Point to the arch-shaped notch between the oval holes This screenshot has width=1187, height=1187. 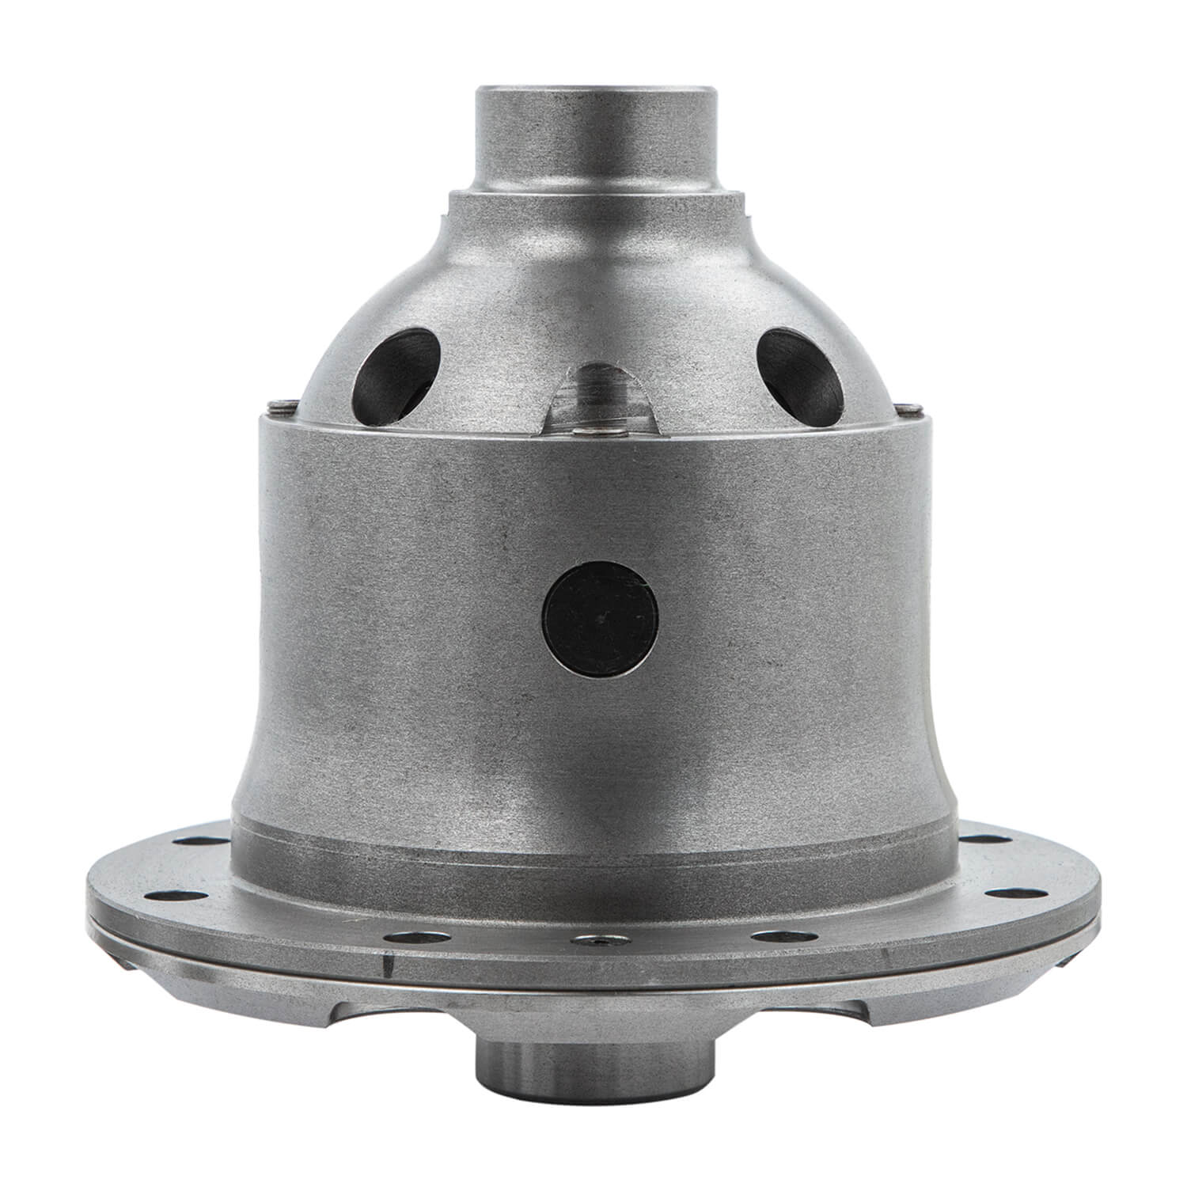pyautogui.click(x=601, y=396)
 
